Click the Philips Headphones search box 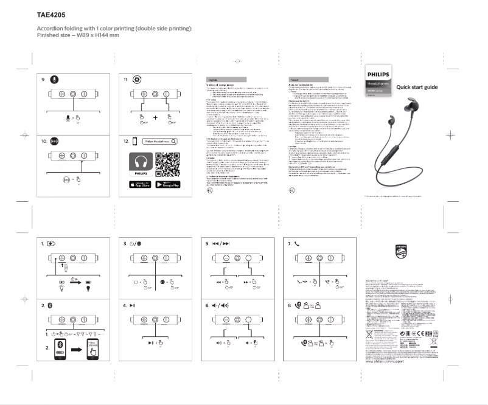tap(161, 141)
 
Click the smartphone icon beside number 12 tap(135, 141)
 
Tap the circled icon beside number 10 tap(54, 140)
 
